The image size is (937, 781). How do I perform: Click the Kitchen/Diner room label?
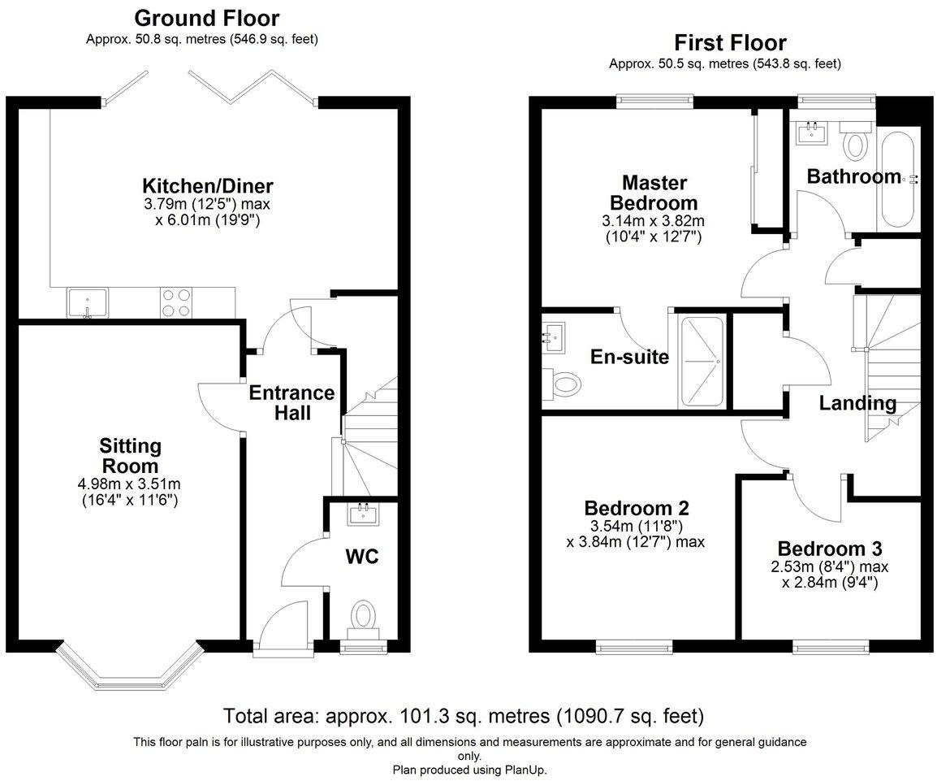(207, 185)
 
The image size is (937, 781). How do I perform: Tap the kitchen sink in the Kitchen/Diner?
(88, 302)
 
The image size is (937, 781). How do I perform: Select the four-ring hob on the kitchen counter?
(176, 302)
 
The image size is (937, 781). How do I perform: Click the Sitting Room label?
(130, 456)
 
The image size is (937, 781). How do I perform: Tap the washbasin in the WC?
(363, 513)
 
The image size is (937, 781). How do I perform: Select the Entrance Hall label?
(291, 402)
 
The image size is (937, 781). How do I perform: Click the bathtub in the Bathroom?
(897, 180)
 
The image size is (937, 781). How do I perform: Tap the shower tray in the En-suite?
(702, 362)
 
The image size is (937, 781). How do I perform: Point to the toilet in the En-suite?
(562, 381)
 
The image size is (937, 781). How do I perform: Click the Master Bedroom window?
(654, 102)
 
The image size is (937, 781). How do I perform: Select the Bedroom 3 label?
(830, 549)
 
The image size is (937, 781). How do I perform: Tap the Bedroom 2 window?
(633, 646)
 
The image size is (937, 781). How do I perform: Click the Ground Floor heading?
(207, 18)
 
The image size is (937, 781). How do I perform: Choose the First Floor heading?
(730, 42)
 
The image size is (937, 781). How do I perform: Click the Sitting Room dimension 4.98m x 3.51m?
(130, 484)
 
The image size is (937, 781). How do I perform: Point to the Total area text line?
(464, 715)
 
